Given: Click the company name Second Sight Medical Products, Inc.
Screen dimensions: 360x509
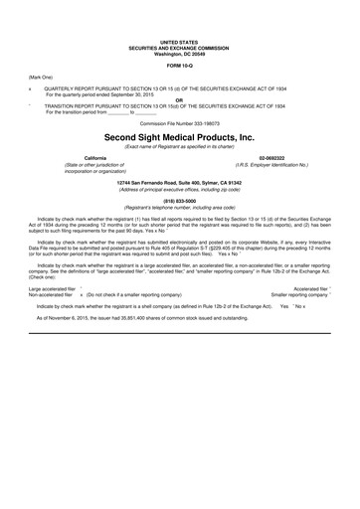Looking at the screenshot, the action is [180, 137].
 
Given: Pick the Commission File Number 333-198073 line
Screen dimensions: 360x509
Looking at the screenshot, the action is [180, 123].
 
